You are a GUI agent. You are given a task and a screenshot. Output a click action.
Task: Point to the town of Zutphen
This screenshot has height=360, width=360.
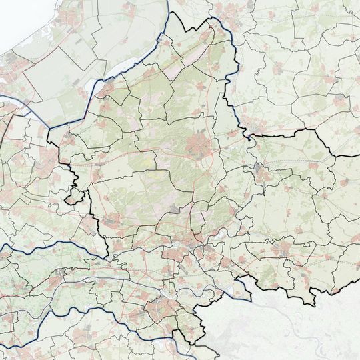pyautogui.click(x=259, y=171)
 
